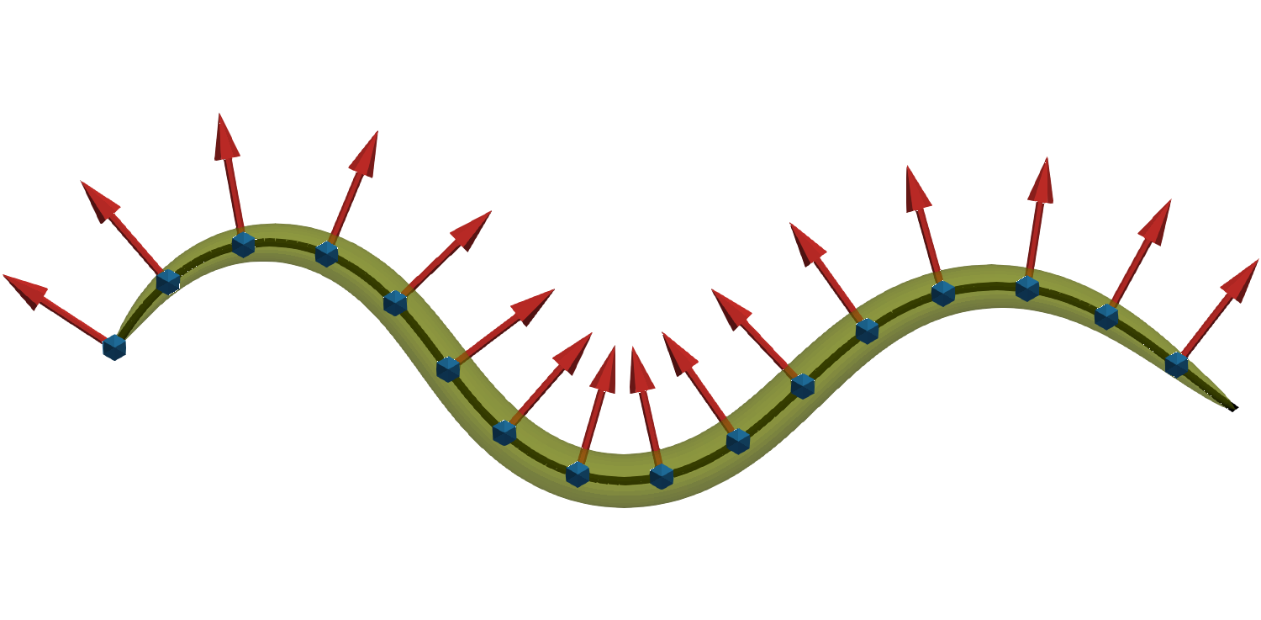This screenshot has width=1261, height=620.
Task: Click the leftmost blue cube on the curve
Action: (114, 347)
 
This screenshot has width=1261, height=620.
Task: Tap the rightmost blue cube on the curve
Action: (1176, 364)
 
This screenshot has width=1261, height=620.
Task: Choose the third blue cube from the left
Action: (243, 244)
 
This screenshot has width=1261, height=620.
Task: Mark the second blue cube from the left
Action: (168, 282)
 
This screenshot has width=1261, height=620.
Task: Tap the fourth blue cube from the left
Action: (327, 253)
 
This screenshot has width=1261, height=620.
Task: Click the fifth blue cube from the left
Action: (395, 303)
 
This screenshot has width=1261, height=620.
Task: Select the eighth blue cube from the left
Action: (578, 474)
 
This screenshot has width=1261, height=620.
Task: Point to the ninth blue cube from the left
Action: (662, 476)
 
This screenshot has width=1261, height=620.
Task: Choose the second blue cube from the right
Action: (1106, 315)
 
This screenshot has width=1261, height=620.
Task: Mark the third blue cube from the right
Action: (1027, 289)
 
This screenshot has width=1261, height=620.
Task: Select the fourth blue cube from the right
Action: (943, 293)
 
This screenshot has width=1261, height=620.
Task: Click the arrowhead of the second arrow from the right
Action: (1157, 220)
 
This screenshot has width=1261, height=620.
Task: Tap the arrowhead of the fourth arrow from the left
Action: (367, 153)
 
